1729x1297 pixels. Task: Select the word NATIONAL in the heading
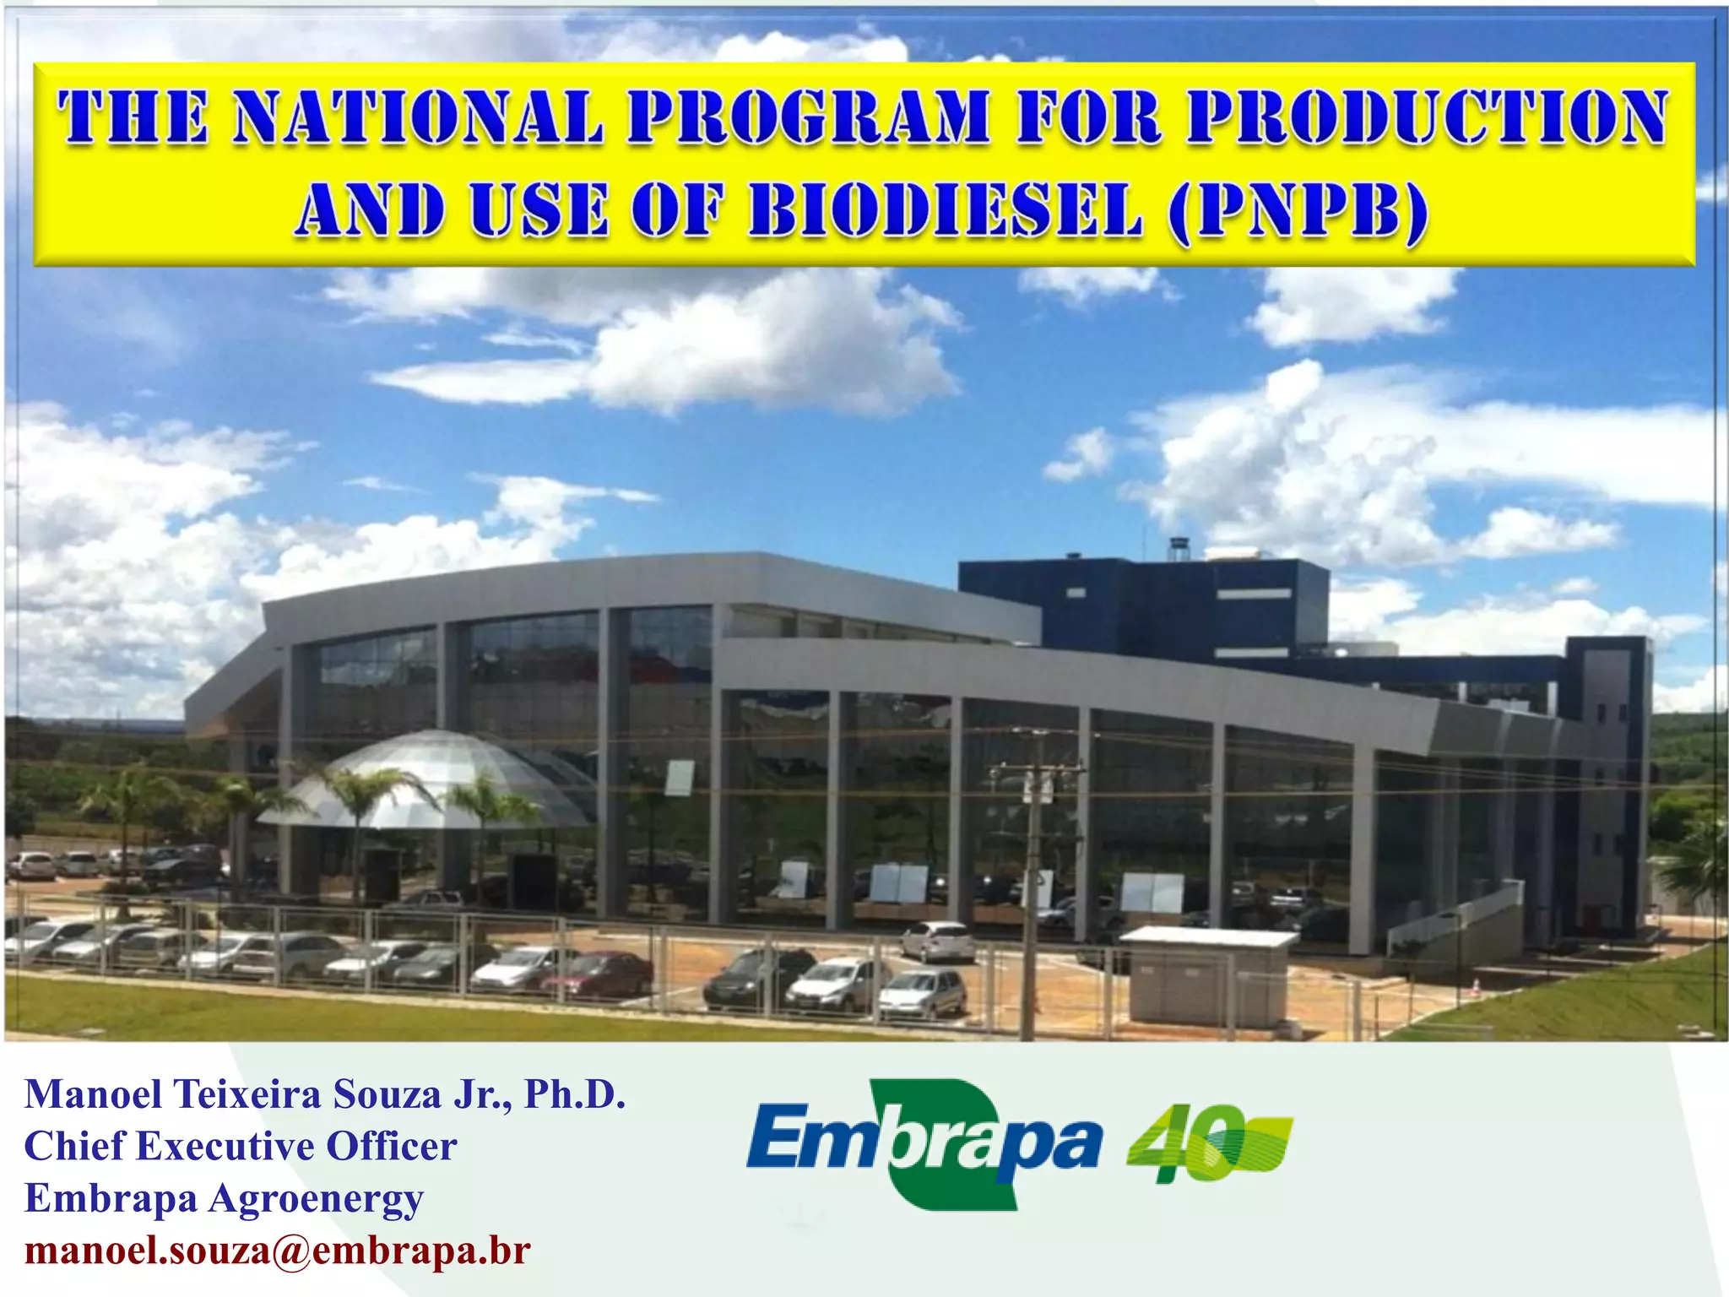[418, 117]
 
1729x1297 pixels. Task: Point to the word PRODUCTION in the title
[1427, 117]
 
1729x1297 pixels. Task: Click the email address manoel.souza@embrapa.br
[278, 1251]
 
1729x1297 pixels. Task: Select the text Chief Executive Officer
[241, 1147]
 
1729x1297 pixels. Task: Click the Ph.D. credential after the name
[575, 1094]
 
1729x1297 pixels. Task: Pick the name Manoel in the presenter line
[93, 1094]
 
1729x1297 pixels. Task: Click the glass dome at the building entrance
[431, 781]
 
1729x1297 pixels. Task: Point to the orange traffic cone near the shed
[1475, 986]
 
